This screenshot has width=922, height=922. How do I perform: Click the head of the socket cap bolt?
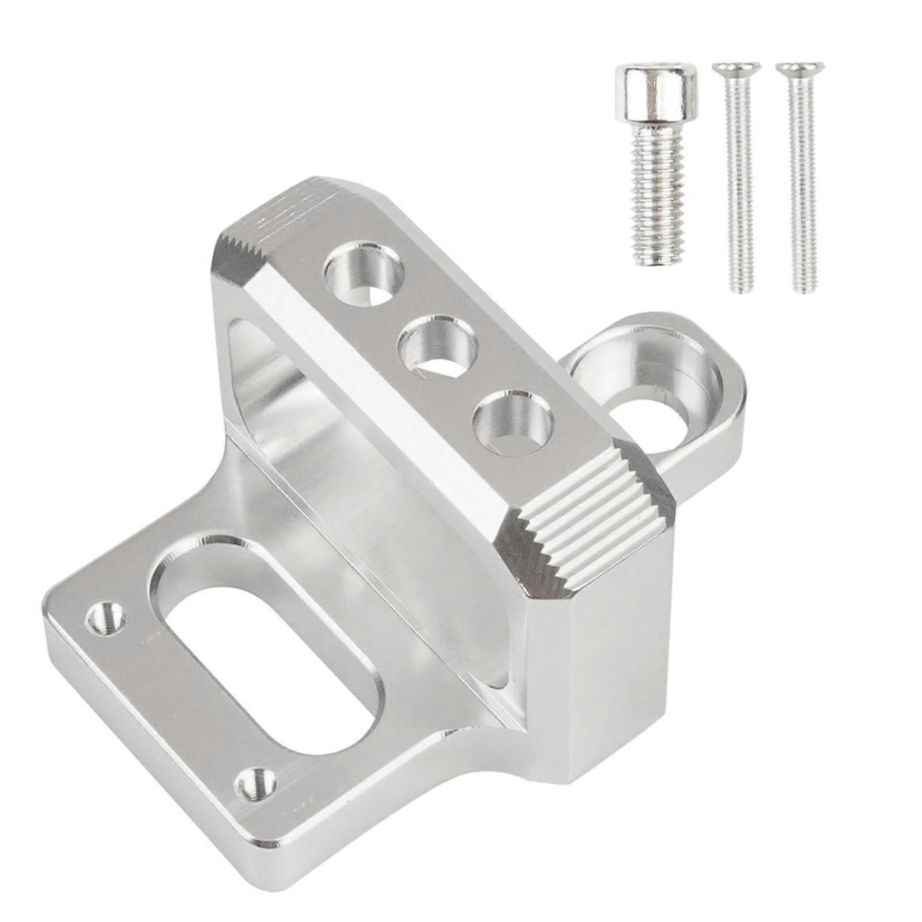pos(656,91)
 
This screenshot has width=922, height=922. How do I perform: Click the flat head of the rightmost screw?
pos(800,67)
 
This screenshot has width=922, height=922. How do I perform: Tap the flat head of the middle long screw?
pos(736,67)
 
